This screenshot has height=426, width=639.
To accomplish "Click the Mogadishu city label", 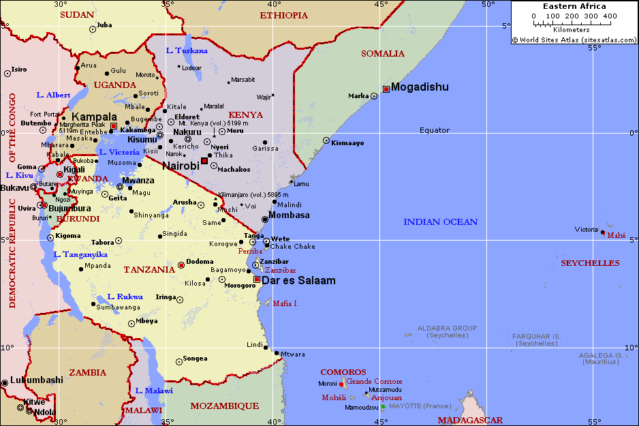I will click(x=420, y=87).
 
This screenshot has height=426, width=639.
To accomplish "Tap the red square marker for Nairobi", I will click(x=204, y=161).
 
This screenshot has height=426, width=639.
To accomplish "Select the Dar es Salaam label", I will click(x=298, y=280).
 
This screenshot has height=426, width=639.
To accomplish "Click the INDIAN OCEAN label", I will click(x=440, y=222).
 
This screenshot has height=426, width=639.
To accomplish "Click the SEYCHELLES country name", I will click(x=590, y=262).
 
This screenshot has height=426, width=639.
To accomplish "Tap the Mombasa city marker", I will click(x=265, y=219).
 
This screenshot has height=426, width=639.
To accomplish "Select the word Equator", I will click(x=435, y=130).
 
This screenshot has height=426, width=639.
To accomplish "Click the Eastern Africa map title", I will click(x=574, y=6).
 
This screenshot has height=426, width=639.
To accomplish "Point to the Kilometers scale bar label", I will click(x=572, y=30).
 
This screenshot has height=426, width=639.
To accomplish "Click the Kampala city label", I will click(x=94, y=117).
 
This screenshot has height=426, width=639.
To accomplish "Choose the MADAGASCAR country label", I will click(x=470, y=420).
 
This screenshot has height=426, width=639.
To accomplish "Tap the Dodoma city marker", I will click(x=181, y=265).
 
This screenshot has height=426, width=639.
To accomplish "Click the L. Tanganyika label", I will click(x=80, y=254).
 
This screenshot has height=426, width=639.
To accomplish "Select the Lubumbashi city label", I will click(x=37, y=380).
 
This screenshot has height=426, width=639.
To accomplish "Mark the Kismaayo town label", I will click(x=347, y=142).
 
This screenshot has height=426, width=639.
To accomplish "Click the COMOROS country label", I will click(x=343, y=372).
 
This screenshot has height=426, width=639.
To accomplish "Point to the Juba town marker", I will click(x=93, y=29).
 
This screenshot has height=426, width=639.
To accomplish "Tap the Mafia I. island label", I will click(x=286, y=303).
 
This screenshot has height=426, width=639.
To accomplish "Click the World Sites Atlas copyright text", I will click(x=574, y=40).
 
